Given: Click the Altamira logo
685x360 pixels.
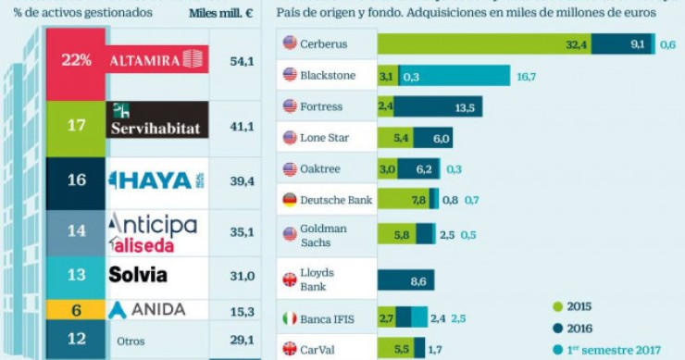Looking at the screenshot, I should (x=156, y=60).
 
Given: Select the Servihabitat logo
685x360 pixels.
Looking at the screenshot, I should (x=156, y=121).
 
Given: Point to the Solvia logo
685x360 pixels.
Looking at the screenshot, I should (x=138, y=275).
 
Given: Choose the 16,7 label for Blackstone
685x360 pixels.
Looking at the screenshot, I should (x=527, y=76).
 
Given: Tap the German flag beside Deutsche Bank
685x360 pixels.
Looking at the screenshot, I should (x=290, y=199).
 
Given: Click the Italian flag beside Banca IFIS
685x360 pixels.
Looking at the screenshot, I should (x=290, y=318).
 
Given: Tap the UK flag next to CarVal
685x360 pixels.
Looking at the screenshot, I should (x=290, y=350).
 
